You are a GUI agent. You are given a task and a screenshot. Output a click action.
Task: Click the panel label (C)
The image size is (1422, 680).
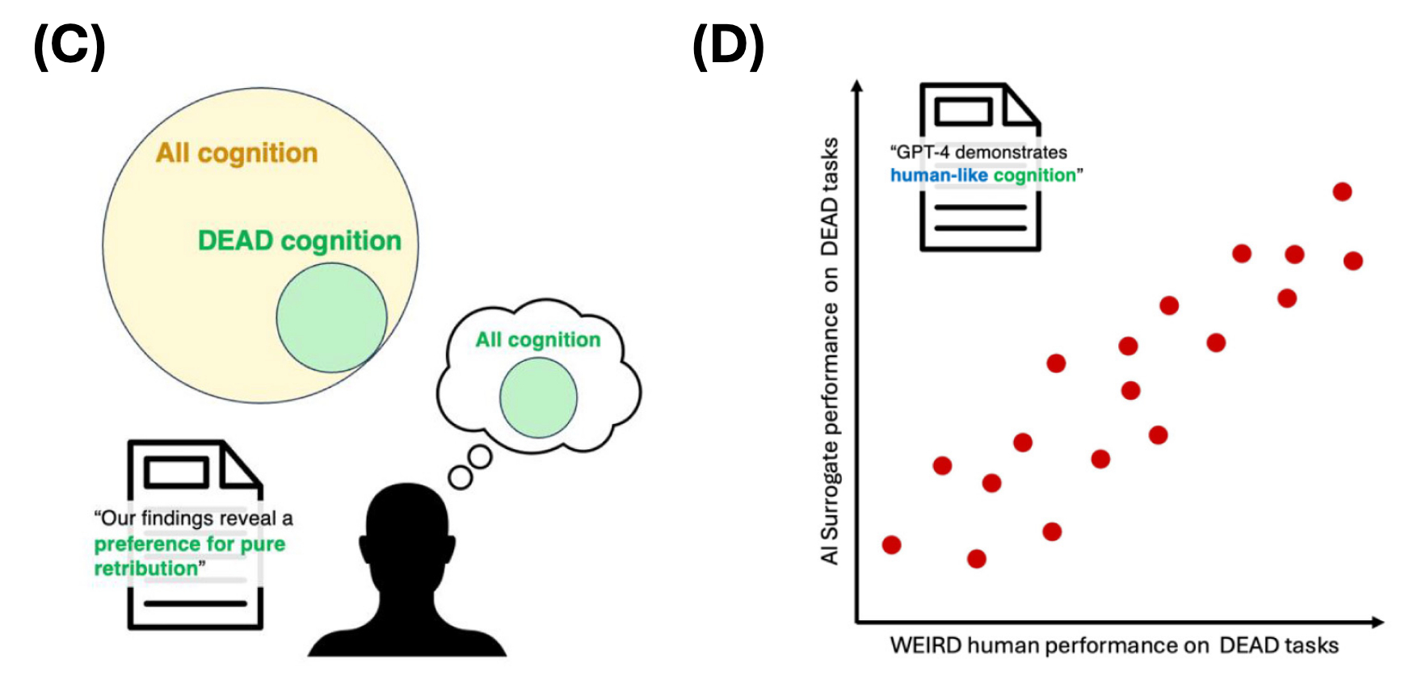[x=69, y=46]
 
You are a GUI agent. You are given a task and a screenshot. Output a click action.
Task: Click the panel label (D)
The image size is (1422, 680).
[x=728, y=46]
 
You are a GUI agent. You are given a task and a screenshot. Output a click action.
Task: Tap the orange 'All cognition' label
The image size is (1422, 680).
[x=237, y=153]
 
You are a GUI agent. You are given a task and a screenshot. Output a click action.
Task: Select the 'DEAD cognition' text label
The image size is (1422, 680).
[x=300, y=241]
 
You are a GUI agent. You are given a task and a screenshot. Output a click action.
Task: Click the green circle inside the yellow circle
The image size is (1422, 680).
[x=331, y=317]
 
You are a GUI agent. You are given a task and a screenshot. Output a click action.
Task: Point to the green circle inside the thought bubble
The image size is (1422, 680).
[x=538, y=397]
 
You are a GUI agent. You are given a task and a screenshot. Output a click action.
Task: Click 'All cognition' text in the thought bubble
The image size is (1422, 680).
[x=538, y=340]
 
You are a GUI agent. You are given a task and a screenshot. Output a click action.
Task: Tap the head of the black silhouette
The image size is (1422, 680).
[x=407, y=525]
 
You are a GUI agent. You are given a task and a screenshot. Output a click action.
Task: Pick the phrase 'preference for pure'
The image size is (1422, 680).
[x=190, y=544]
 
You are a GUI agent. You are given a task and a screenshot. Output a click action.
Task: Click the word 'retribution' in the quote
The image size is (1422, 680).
[x=146, y=569]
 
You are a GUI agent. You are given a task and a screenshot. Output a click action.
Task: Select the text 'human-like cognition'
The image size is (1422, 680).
[x=983, y=175]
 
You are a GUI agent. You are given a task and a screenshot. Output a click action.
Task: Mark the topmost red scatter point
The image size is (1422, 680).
[x=1342, y=191]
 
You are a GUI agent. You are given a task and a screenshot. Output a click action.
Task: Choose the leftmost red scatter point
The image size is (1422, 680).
[x=891, y=544]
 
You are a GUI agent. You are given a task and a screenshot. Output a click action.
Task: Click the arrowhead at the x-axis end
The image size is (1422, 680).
[x=1378, y=622]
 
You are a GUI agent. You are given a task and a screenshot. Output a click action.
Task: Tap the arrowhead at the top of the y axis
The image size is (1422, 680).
[x=857, y=86]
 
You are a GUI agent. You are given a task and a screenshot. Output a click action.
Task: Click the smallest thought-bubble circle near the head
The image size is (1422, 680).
[x=461, y=477]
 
